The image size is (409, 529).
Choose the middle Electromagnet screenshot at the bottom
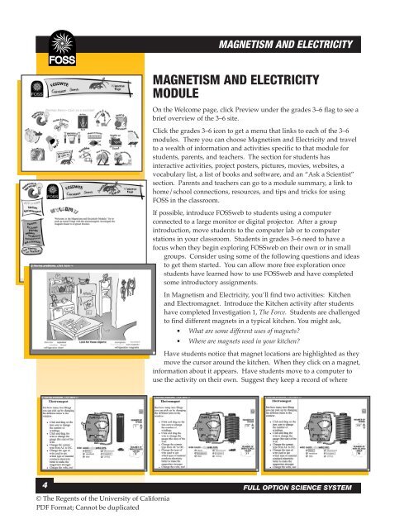[199, 431]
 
